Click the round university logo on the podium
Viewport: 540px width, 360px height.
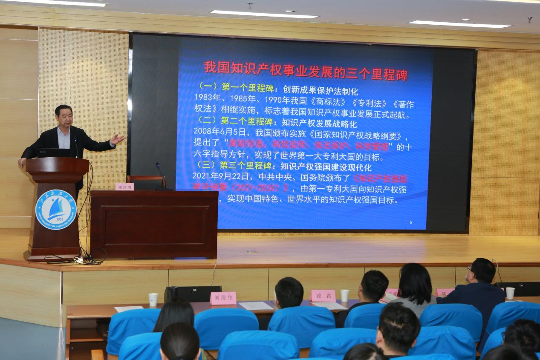[56, 210]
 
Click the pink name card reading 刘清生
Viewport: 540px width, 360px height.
[223, 298]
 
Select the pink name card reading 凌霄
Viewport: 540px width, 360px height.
[323, 296]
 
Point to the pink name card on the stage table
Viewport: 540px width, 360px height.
[124, 187]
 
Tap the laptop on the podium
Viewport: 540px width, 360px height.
[53, 153]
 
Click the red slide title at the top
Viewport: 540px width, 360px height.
[305, 71]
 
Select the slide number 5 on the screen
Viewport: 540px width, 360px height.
[410, 222]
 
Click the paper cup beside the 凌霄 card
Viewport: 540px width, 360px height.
[344, 295]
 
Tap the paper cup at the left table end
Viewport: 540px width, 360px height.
[153, 299]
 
